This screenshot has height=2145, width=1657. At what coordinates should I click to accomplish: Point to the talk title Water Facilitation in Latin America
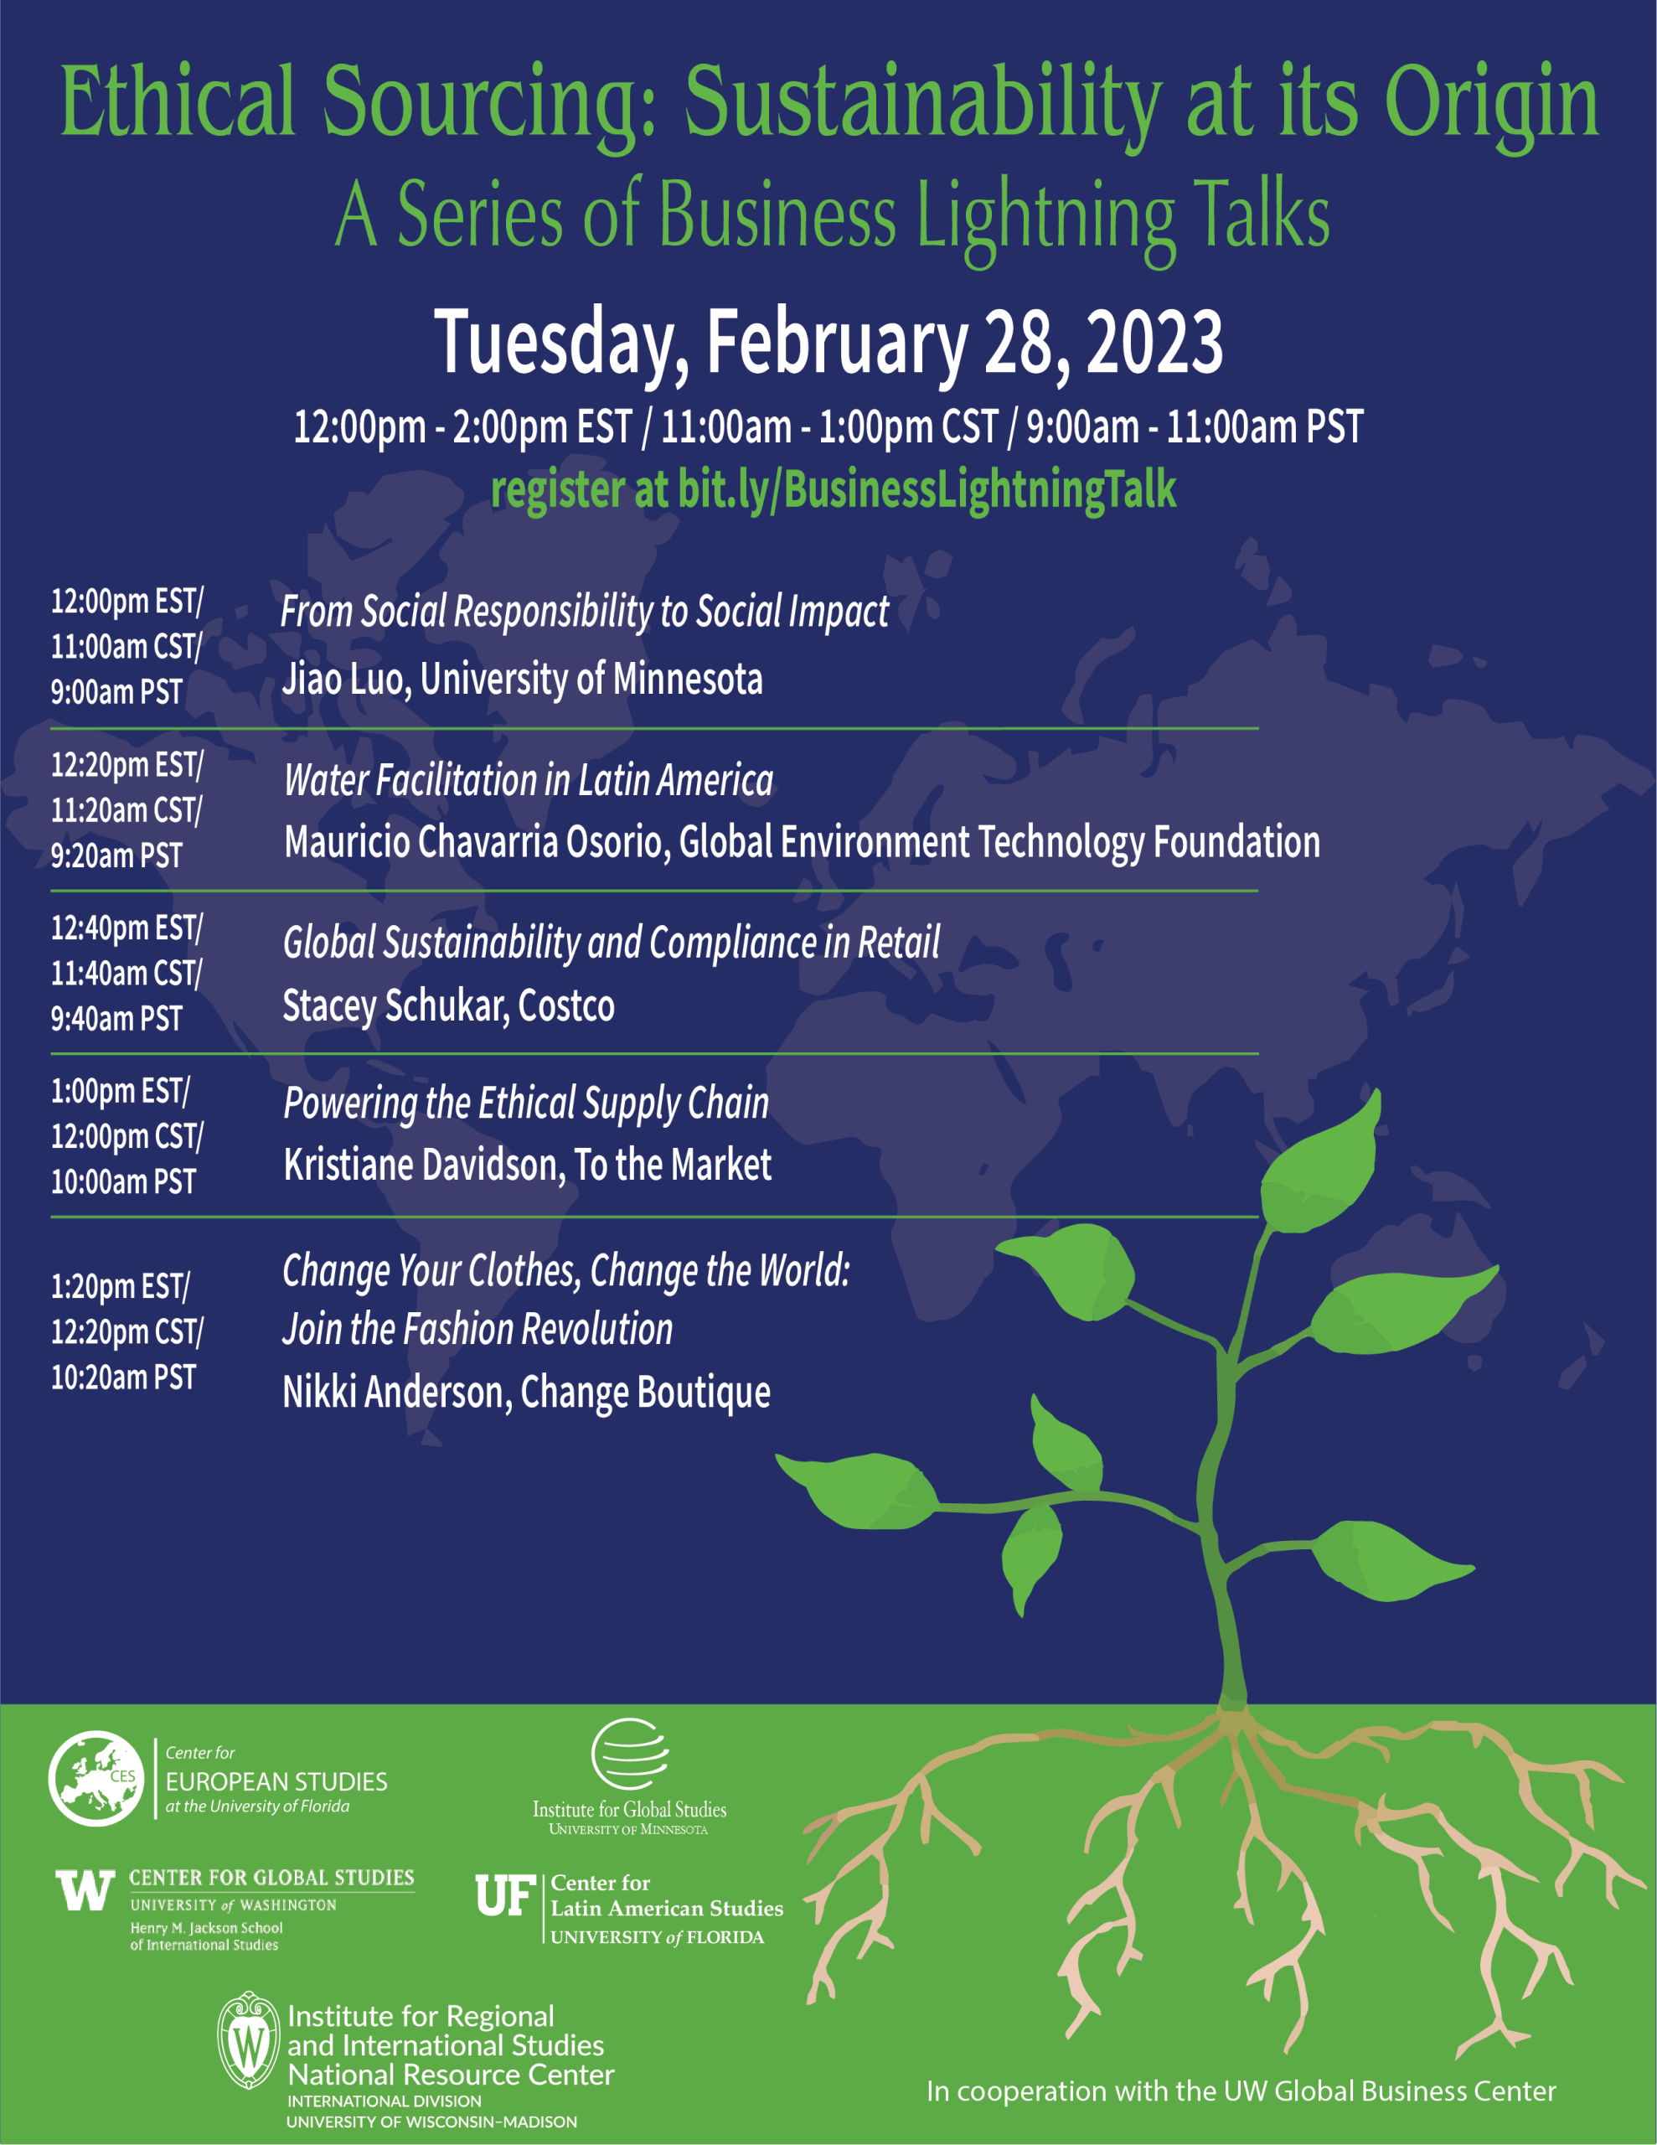tap(529, 781)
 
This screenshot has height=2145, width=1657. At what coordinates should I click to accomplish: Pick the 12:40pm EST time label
tap(126, 928)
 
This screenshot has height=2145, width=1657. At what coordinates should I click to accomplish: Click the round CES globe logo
tap(95, 1779)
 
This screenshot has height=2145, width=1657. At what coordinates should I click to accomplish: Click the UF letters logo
tap(505, 1895)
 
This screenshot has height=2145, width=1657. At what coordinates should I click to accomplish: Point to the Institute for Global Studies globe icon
tap(630, 1754)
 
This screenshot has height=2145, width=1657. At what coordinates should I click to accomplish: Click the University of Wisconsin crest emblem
tap(249, 2041)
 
